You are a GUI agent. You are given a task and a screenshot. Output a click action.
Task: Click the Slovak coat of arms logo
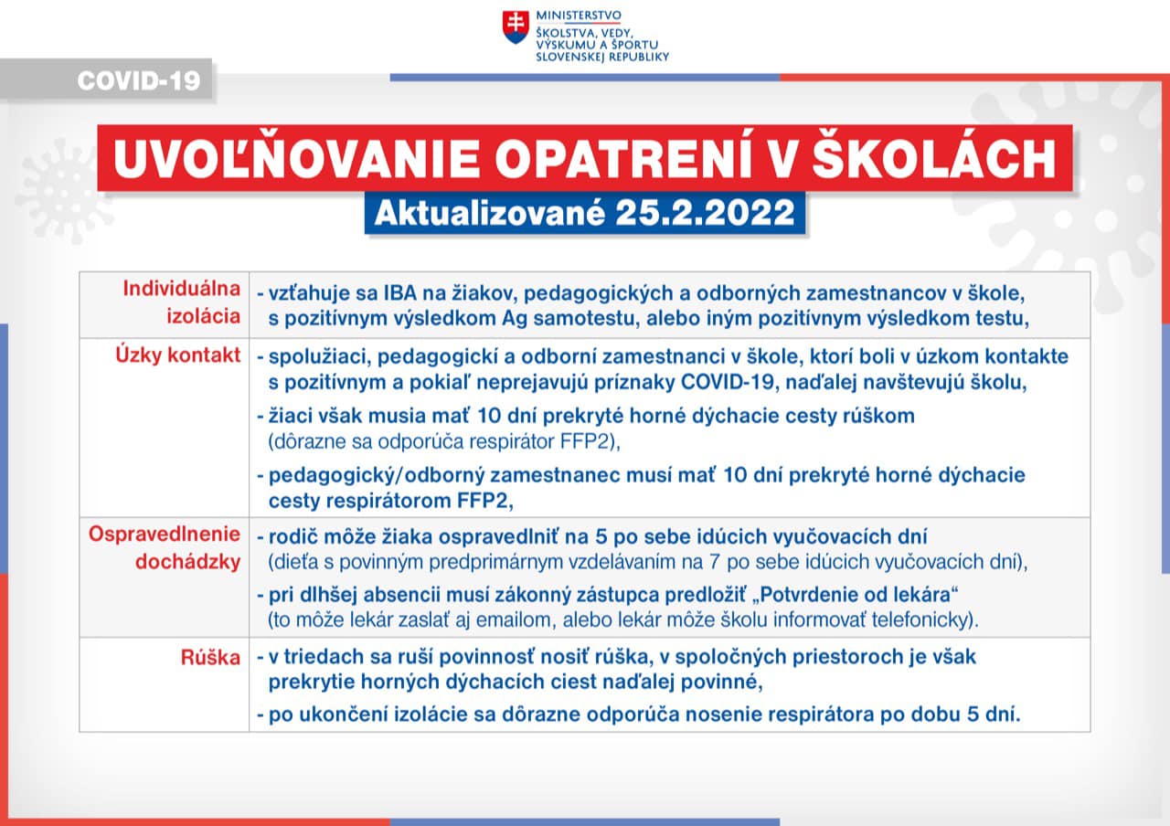516,27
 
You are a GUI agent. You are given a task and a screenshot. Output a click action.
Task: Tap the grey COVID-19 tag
138,80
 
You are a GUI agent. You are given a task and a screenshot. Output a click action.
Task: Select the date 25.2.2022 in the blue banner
705,212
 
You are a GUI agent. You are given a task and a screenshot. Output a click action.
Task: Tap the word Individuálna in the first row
182,289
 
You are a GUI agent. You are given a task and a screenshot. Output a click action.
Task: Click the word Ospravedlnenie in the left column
165,534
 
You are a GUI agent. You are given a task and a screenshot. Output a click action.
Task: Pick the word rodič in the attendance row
291,536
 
